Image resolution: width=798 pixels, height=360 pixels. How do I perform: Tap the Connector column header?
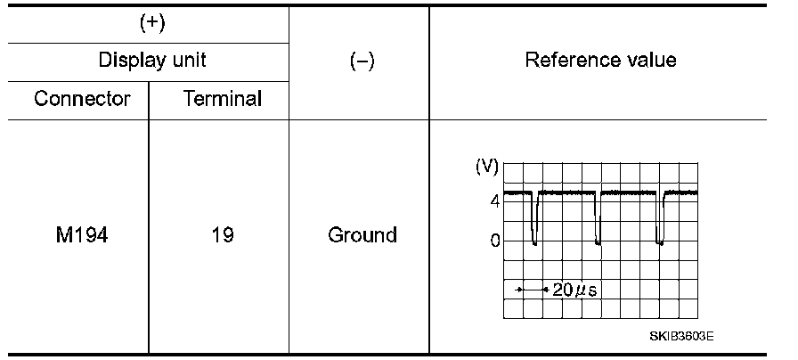[82, 98]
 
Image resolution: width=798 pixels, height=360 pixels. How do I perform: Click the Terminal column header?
[222, 98]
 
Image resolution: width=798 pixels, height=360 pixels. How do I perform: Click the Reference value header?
[600, 61]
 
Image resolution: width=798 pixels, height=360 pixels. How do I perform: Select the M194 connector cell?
[81, 236]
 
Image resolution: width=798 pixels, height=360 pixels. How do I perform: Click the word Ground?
[362, 236]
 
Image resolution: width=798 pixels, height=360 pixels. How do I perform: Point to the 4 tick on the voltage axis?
[494, 200]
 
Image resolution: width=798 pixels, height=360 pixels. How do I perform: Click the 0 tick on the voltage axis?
[494, 241]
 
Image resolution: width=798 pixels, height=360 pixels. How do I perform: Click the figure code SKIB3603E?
[681, 336]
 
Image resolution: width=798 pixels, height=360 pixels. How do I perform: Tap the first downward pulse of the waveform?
[534, 218]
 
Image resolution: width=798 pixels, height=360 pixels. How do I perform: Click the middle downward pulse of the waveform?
[598, 218]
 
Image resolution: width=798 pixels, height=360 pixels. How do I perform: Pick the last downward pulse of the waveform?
[659, 218]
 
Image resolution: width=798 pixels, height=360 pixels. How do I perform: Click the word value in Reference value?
[649, 61]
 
